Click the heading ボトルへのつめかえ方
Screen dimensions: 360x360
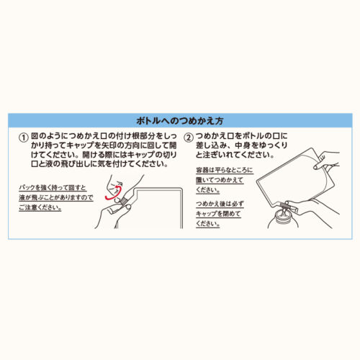click(x=180, y=120)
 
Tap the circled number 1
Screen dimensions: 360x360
click(x=24, y=138)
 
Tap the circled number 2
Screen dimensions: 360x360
click(x=189, y=138)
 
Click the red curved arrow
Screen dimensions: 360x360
click(x=113, y=194)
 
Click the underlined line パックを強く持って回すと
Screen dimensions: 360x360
click(x=53, y=188)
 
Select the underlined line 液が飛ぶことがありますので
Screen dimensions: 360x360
click(x=56, y=197)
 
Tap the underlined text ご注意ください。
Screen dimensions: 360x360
click(x=40, y=207)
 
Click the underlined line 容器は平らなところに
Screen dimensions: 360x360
click(x=225, y=170)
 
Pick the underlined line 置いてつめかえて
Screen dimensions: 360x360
click(x=220, y=180)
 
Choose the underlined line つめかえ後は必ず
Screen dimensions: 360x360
click(x=220, y=204)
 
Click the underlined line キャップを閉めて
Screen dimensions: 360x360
click(x=218, y=214)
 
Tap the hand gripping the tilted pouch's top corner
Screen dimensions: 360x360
click(x=327, y=161)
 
